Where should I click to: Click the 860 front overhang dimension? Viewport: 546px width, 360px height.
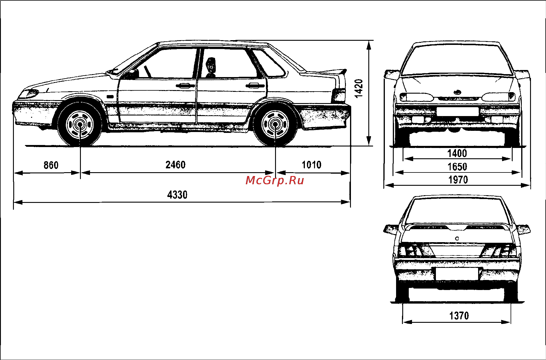click(x=51, y=165)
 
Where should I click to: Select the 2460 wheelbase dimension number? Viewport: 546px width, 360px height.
click(x=176, y=165)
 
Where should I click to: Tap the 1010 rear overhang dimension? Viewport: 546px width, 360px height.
click(x=312, y=165)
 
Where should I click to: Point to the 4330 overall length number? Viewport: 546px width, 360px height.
click(x=177, y=195)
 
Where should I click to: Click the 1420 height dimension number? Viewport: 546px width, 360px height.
click(x=359, y=89)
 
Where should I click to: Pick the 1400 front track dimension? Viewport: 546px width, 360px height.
click(x=457, y=154)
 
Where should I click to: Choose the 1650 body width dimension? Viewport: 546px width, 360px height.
click(x=457, y=167)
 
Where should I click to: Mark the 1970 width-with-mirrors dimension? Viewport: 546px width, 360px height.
click(x=458, y=180)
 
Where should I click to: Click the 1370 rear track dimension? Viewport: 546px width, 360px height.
click(x=459, y=316)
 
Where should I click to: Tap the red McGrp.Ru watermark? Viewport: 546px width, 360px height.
click(x=275, y=180)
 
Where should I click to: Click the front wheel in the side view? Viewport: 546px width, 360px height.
click(x=80, y=125)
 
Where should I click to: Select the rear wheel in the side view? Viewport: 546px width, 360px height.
click(x=275, y=125)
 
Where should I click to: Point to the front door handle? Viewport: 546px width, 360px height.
click(x=185, y=86)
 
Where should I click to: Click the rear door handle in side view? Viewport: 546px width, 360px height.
click(x=255, y=86)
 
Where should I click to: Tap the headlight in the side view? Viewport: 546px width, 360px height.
click(x=29, y=94)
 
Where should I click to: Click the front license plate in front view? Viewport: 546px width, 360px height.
click(x=457, y=112)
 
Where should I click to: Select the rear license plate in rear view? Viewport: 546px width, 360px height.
click(x=457, y=274)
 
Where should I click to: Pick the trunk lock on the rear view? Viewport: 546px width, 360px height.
click(x=457, y=238)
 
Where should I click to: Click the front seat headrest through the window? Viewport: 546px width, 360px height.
click(x=210, y=66)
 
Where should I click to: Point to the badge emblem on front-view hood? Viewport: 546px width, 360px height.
click(x=457, y=92)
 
